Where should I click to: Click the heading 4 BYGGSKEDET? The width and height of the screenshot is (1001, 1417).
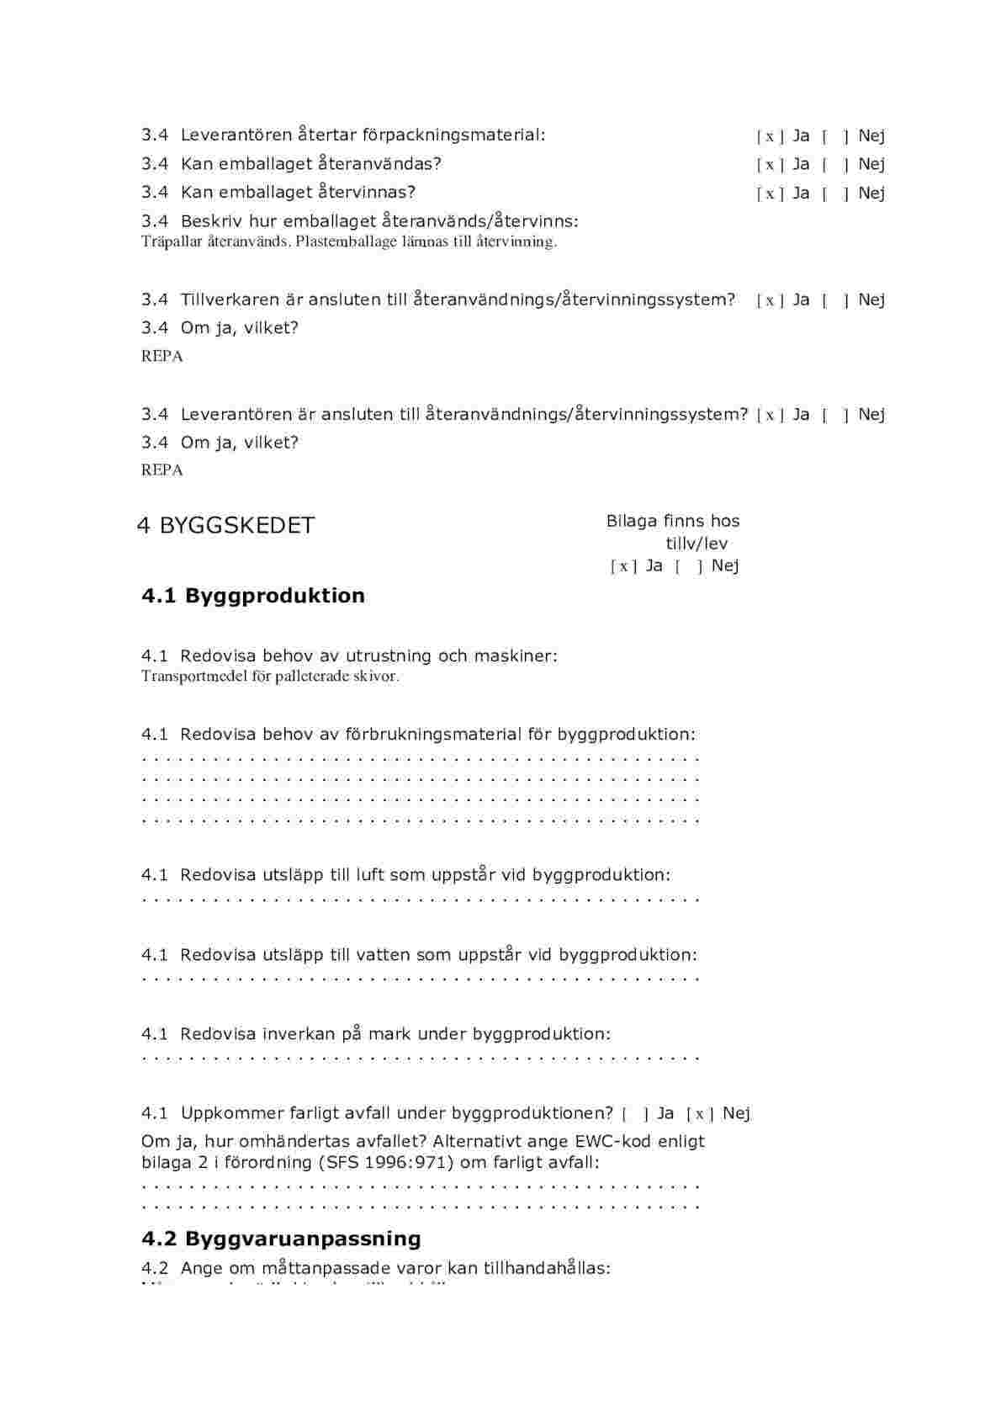pyautogui.click(x=225, y=526)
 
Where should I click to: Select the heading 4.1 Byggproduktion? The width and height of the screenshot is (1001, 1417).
pyautogui.click(x=253, y=596)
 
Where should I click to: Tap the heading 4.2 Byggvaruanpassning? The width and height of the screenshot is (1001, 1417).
pyautogui.click(x=281, y=1239)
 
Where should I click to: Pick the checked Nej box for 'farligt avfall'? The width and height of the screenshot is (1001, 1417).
pyautogui.click(x=700, y=1114)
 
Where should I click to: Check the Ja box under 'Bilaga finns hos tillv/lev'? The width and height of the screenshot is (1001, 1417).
pyautogui.click(x=623, y=566)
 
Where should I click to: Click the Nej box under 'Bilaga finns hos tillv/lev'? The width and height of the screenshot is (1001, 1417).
pyautogui.click(x=688, y=566)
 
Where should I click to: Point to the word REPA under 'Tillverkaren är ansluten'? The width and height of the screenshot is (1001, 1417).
pyautogui.click(x=162, y=356)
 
